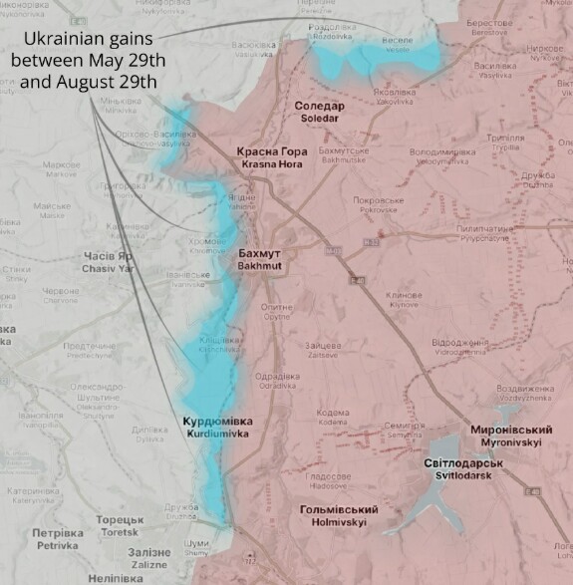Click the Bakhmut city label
tap(262, 260)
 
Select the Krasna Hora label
tap(265, 157)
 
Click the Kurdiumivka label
tap(218, 428)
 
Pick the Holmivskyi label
tap(333, 515)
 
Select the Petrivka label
tap(58, 539)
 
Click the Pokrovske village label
tap(377, 205)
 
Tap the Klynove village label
tap(404, 299)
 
